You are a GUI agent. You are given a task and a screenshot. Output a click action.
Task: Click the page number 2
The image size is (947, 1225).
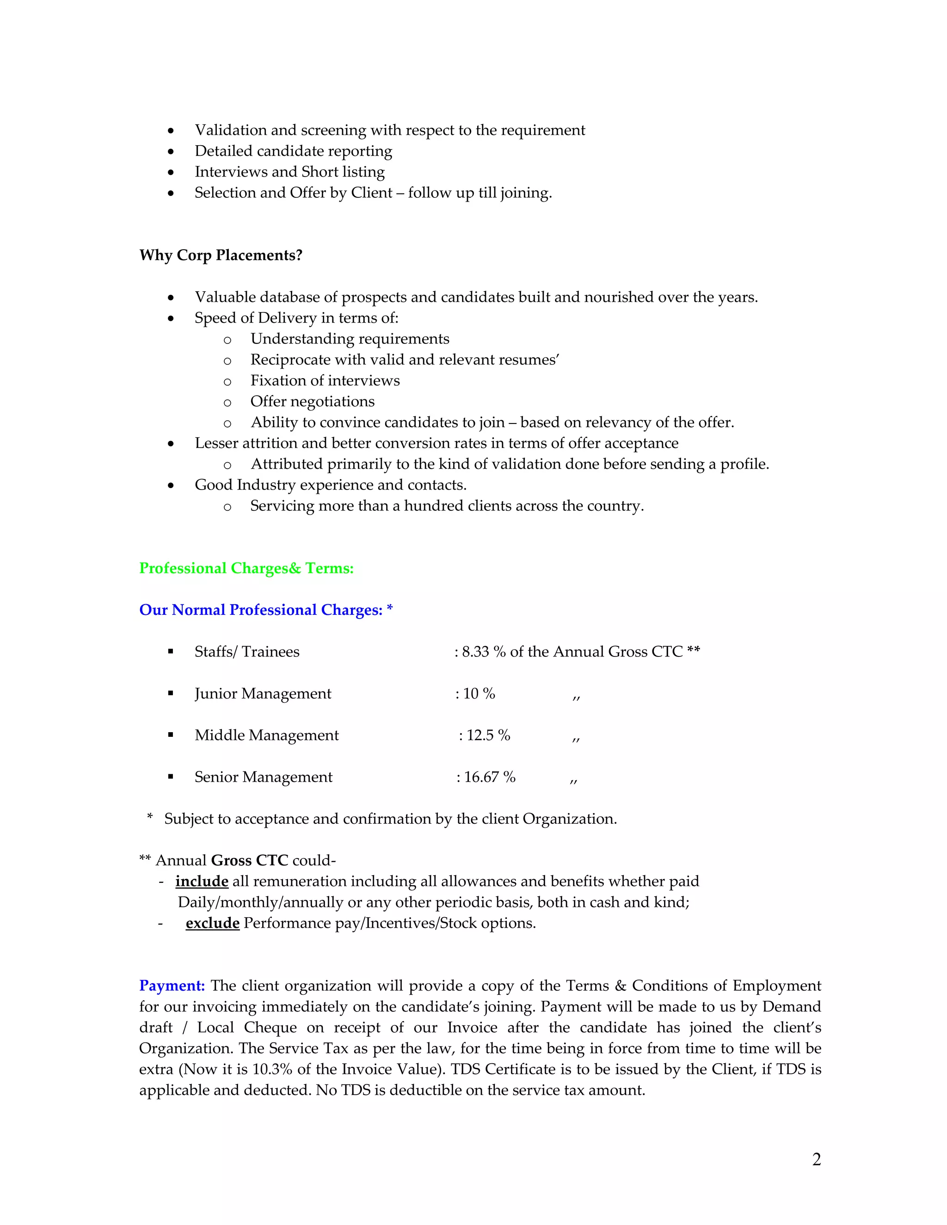(816, 1159)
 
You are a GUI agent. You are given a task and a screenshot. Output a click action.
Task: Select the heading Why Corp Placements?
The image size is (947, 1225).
(221, 255)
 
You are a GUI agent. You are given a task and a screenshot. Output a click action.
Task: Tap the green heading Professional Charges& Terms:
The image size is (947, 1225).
(246, 568)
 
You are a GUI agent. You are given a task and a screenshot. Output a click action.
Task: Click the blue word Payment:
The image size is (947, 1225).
(172, 986)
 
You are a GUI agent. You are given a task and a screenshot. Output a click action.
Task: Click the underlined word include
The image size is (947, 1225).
(202, 881)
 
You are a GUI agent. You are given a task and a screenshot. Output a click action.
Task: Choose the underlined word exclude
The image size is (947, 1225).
(212, 923)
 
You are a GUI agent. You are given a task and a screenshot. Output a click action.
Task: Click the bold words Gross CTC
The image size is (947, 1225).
(249, 860)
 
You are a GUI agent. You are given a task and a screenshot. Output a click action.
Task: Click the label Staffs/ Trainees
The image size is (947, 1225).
(247, 652)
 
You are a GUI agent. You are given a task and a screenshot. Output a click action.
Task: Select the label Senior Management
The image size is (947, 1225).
(263, 777)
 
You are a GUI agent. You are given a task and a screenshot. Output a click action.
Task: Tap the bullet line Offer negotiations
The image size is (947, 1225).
(312, 402)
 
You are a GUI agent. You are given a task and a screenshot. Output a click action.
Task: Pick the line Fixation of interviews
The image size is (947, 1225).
(325, 381)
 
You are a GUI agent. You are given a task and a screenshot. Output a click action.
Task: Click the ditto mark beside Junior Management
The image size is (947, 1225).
(576, 697)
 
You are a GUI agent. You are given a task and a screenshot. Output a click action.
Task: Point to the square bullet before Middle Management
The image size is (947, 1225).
(171, 735)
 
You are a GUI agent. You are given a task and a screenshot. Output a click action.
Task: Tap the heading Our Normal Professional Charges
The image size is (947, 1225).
(261, 610)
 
